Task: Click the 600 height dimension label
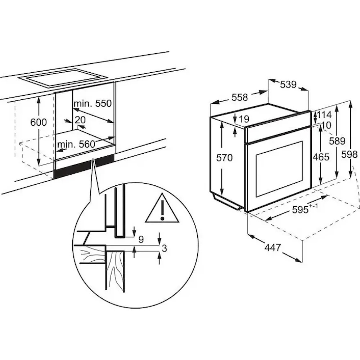39,122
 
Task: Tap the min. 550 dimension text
93,104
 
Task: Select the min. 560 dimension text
76,144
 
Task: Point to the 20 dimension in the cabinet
80,120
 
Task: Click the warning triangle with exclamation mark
162,208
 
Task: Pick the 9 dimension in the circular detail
141,239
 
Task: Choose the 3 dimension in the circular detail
164,248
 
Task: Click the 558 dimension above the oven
240,97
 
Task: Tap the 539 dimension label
288,85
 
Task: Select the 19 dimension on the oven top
244,119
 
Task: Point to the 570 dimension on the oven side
225,158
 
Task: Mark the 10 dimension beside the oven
326,125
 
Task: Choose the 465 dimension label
321,157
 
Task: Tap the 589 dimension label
337,141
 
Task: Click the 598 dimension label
350,154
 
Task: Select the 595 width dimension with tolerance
305,209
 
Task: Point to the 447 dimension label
273,248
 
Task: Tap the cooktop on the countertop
63,78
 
